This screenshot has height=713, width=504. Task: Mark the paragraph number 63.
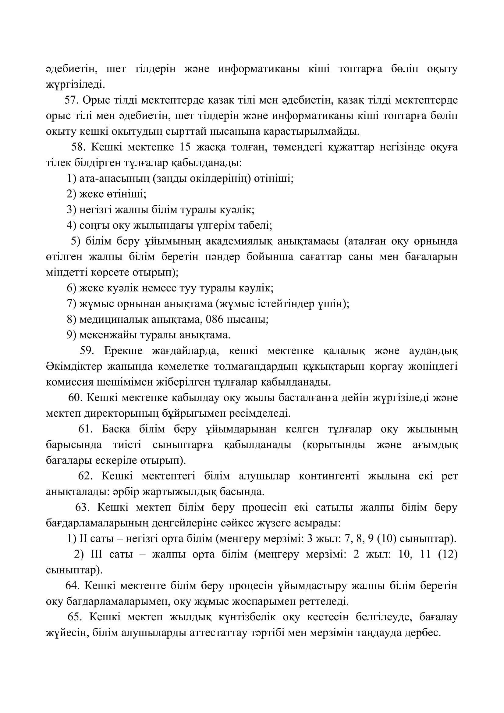pos(83,508)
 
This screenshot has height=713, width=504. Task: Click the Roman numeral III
pos(96,555)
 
